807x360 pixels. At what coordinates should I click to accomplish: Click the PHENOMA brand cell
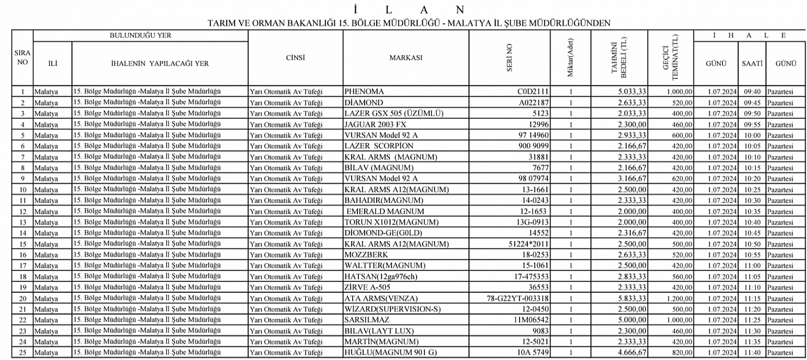(364, 92)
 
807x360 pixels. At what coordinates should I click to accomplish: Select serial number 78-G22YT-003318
(518, 299)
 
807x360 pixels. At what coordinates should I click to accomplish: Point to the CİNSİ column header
(295, 58)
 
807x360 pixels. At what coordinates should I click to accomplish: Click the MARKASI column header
(405, 58)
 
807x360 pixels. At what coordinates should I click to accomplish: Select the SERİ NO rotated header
(510, 58)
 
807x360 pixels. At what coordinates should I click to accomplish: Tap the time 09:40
(752, 92)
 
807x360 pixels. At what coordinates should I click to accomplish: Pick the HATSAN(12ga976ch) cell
(380, 277)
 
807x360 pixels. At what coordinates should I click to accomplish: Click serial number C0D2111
(533, 92)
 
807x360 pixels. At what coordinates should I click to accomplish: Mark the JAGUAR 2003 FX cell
(375, 124)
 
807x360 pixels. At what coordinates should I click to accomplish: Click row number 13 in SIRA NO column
(23, 222)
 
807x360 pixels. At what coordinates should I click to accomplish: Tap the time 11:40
(752, 353)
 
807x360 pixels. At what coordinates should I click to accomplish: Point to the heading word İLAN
(408, 10)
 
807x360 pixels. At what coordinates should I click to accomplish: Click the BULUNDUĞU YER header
(140, 36)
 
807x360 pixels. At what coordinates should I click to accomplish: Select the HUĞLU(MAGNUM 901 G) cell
(391, 353)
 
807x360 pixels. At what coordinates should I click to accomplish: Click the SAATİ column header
(752, 63)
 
